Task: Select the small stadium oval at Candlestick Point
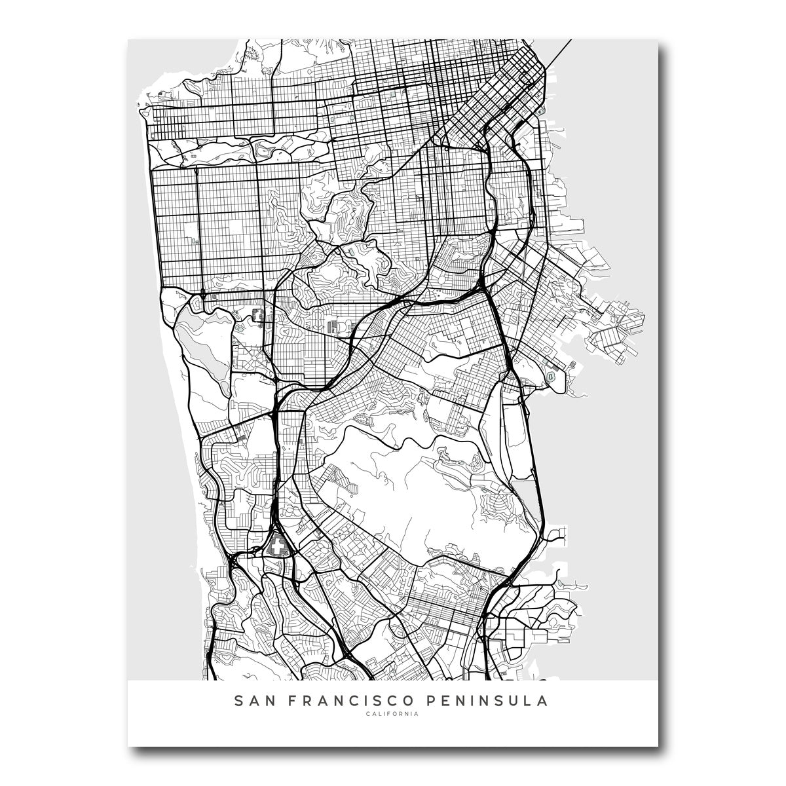point(552,378)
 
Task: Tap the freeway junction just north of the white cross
point(278,517)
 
